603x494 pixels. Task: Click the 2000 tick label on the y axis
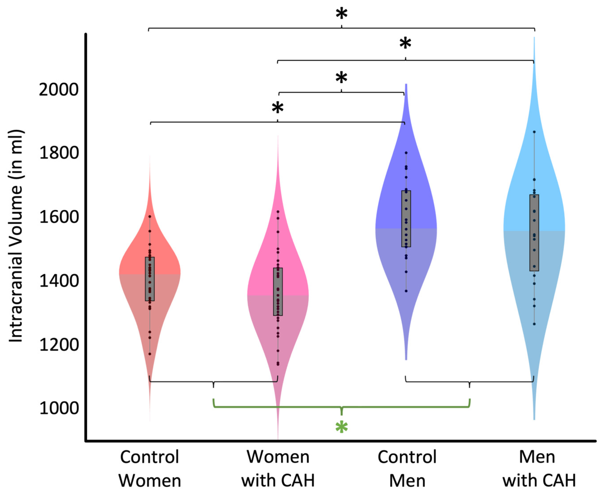[x=58, y=90]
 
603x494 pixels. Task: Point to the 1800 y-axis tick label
[x=58, y=153]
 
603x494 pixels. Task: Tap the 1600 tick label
[x=58, y=217]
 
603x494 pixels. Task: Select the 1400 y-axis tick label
[x=58, y=281]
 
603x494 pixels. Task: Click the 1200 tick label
[x=58, y=345]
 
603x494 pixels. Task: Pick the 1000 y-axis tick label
[x=58, y=408]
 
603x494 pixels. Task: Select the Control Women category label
[x=150, y=469]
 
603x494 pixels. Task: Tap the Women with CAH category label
[x=278, y=469]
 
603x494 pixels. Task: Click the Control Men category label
[x=407, y=469]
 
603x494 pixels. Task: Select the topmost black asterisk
[x=342, y=14]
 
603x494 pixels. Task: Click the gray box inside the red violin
[x=150, y=279]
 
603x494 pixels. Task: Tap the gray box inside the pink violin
[x=278, y=292]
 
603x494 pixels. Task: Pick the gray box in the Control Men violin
[x=406, y=219]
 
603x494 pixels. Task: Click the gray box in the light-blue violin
[x=534, y=233]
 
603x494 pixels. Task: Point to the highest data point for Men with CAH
[x=534, y=132]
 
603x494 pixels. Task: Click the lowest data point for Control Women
[x=150, y=354]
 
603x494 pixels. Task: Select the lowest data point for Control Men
[x=406, y=291]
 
